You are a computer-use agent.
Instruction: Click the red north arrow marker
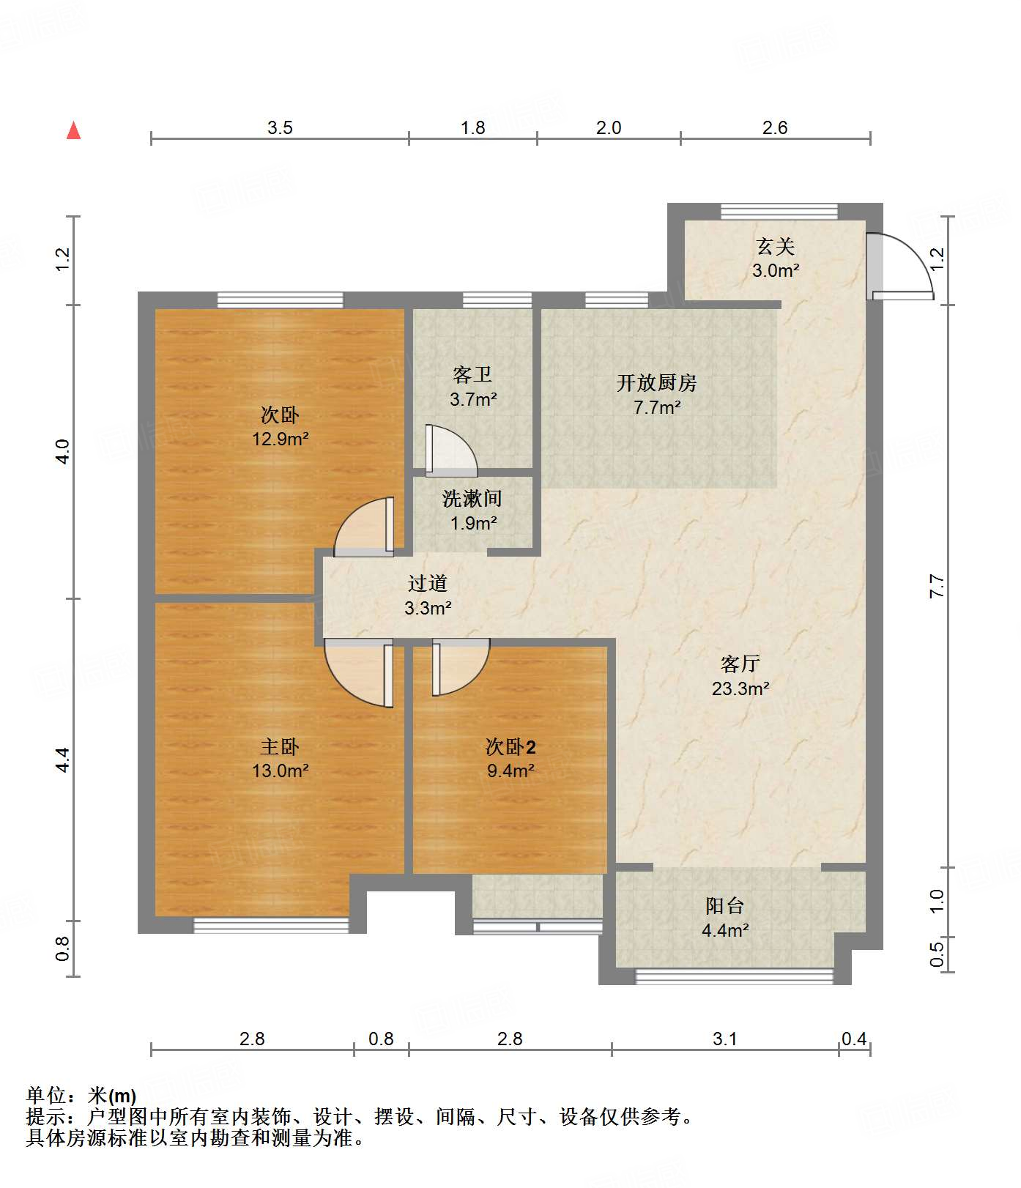73,130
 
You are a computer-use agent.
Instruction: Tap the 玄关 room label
776,258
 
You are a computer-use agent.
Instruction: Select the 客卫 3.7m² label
473,387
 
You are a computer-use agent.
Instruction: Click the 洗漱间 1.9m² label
472,511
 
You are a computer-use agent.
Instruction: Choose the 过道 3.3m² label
428,595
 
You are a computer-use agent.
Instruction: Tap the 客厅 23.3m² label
740,676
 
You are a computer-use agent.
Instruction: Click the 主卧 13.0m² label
280,758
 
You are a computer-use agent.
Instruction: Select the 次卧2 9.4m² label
510,758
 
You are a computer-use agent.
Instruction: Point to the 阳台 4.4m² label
725,918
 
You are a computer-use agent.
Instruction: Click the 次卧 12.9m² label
280,427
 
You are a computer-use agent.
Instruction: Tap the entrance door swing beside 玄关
900,266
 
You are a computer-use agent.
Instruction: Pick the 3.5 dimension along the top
280,128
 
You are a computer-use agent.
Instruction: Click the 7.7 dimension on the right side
937,586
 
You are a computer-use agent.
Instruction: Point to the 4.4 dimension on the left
62,760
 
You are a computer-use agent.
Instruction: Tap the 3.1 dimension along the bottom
725,1039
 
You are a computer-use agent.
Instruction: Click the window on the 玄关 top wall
779,211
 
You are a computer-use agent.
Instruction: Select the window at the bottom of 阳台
734,976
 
